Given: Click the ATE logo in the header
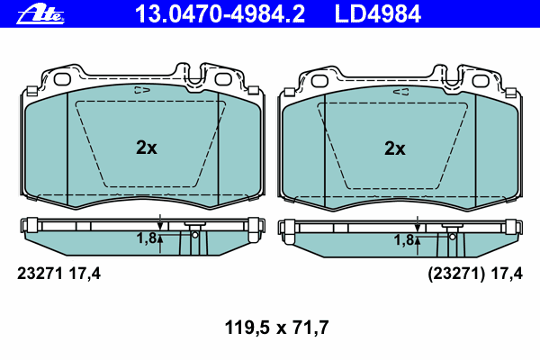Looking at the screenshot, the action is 40,14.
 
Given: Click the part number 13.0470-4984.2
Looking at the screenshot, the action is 220,14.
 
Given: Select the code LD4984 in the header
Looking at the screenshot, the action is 378,14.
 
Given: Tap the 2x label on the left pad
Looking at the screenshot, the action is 147,148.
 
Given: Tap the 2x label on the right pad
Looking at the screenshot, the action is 395,148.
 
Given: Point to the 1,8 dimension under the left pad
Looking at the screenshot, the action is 147,238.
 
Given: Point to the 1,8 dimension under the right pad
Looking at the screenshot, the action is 404,240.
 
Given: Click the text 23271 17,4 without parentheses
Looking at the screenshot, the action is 58,274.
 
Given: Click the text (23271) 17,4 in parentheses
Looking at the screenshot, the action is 475,274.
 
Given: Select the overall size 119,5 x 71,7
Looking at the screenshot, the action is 276,328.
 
